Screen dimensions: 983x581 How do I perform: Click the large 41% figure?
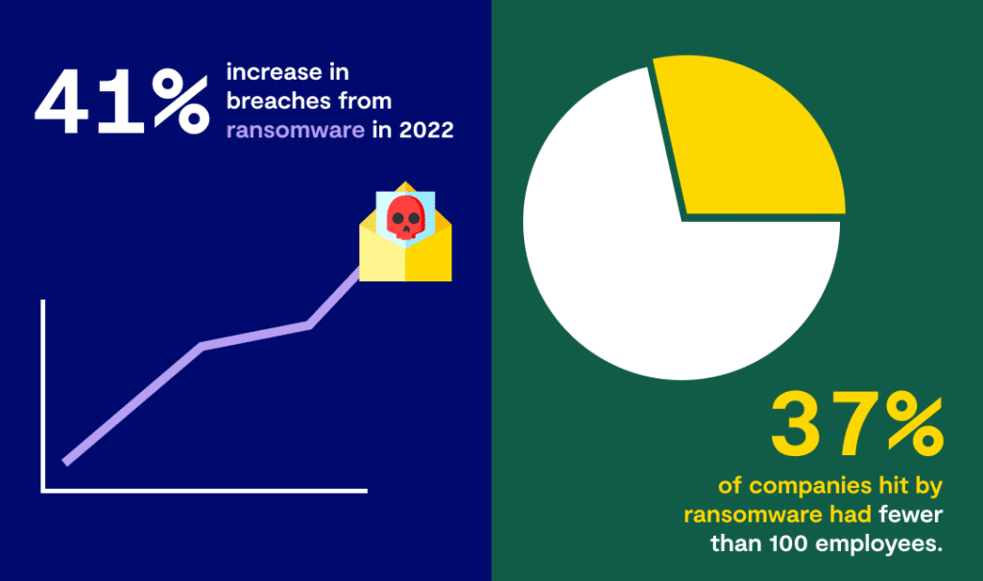[x=122, y=102]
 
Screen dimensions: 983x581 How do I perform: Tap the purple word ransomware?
[x=296, y=130]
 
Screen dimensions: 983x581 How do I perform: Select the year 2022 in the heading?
[x=426, y=130]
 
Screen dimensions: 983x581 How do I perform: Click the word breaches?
[x=279, y=101]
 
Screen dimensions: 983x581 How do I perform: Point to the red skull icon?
[x=406, y=217]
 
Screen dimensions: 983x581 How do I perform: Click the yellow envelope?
[x=406, y=251]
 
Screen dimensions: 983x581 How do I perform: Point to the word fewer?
[x=910, y=515]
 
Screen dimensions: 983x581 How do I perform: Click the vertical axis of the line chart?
[x=43, y=396]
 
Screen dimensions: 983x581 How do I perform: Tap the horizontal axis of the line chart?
[x=204, y=491]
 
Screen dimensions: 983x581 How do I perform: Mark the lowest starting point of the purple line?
[x=66, y=463]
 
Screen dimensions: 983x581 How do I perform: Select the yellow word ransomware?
[x=754, y=515]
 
